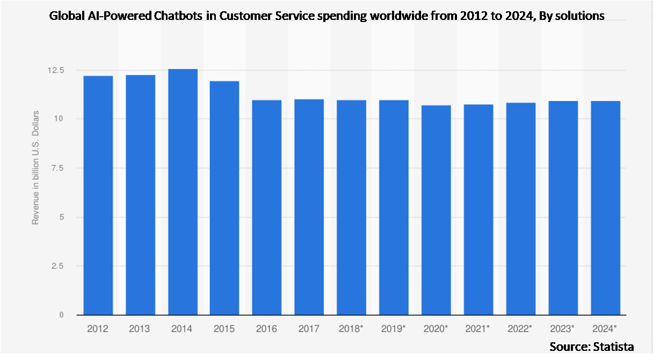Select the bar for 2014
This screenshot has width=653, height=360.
pyautogui.click(x=183, y=192)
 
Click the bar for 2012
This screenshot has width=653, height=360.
pyautogui.click(x=98, y=195)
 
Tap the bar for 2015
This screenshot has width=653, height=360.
pyautogui.click(x=224, y=198)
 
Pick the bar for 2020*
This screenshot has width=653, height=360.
pyautogui.click(x=436, y=210)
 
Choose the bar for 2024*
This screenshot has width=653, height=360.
pyautogui.click(x=605, y=208)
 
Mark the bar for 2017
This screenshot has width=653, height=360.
pyautogui.click(x=309, y=207)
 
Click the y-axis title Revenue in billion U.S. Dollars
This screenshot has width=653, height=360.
pyautogui.click(x=36, y=167)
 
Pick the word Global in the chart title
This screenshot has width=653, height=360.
pyautogui.click(x=63, y=16)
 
